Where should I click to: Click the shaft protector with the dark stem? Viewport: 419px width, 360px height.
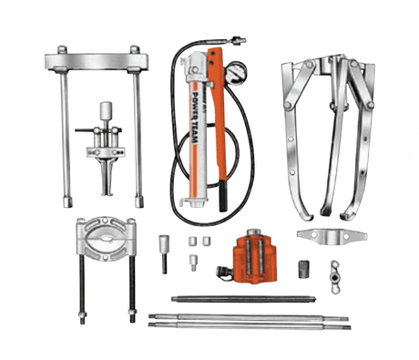coord(164,252)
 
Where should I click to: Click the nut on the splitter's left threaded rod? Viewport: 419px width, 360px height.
coord(81,318)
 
